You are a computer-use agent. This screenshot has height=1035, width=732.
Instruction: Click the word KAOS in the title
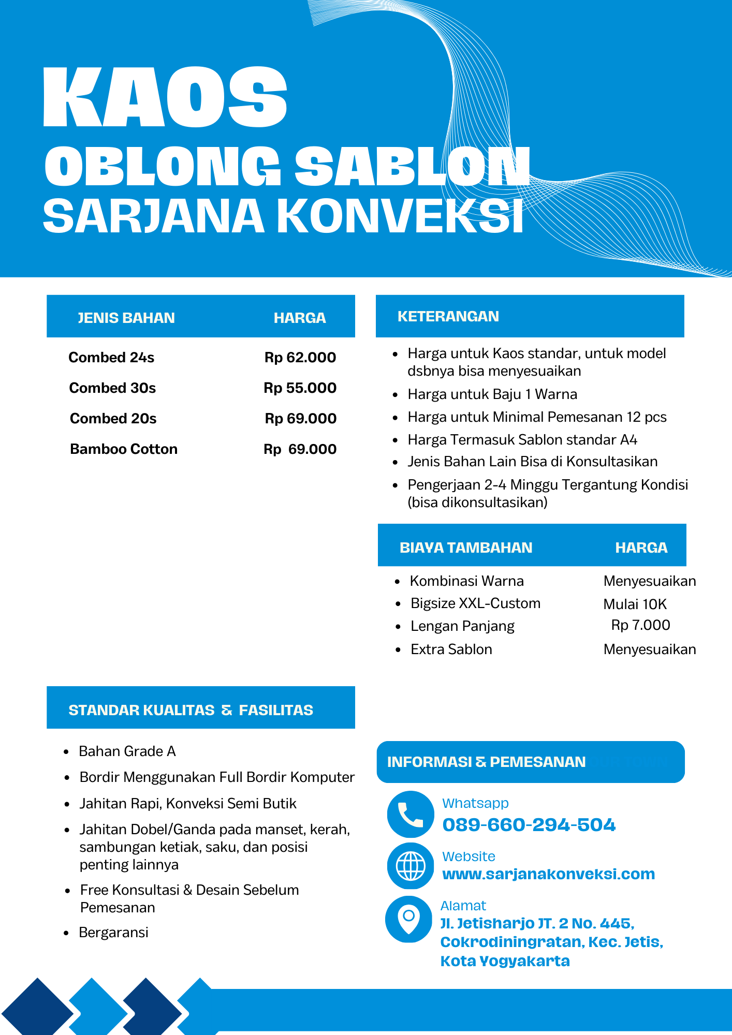tap(165, 97)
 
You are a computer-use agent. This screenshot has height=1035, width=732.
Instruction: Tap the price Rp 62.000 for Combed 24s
tap(300, 358)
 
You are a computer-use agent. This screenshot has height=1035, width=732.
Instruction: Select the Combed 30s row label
tap(112, 388)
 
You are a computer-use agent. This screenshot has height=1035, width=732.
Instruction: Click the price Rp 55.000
tap(300, 388)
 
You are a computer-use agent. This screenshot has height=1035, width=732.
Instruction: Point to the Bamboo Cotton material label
tap(124, 449)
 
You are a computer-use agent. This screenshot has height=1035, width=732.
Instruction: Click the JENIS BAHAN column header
tap(126, 318)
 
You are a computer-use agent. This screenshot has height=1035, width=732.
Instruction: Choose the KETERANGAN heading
tap(448, 317)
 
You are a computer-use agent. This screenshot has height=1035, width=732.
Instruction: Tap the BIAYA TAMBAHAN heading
tap(466, 548)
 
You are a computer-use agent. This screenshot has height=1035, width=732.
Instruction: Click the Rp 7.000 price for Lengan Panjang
tap(640, 625)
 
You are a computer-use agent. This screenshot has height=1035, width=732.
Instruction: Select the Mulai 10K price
tap(635, 604)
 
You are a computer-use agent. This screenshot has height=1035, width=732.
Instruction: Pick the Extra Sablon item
tap(451, 649)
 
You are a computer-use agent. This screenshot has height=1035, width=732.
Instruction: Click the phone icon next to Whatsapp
tap(411, 815)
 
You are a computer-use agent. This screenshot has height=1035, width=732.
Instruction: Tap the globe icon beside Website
tap(411, 866)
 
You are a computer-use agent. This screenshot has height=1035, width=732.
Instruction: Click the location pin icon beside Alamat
tap(408, 919)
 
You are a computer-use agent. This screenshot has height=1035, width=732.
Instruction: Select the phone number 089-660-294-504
tap(529, 825)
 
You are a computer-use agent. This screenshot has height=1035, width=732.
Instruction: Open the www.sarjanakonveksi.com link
tap(548, 874)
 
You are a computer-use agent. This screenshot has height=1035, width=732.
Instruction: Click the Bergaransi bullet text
tap(114, 933)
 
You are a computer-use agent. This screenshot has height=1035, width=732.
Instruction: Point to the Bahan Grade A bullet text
tap(127, 751)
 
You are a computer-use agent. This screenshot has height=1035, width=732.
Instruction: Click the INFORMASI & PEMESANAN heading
tap(486, 762)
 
